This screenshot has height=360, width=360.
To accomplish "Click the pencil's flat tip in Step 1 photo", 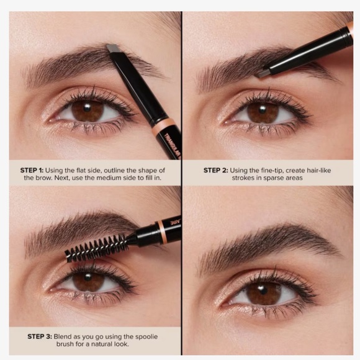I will click(x=113, y=48).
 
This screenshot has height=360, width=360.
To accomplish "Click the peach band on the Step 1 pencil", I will click(x=166, y=127).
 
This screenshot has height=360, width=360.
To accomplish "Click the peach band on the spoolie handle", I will click(x=160, y=230).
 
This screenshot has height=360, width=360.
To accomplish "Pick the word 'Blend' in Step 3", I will click(x=74, y=336).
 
